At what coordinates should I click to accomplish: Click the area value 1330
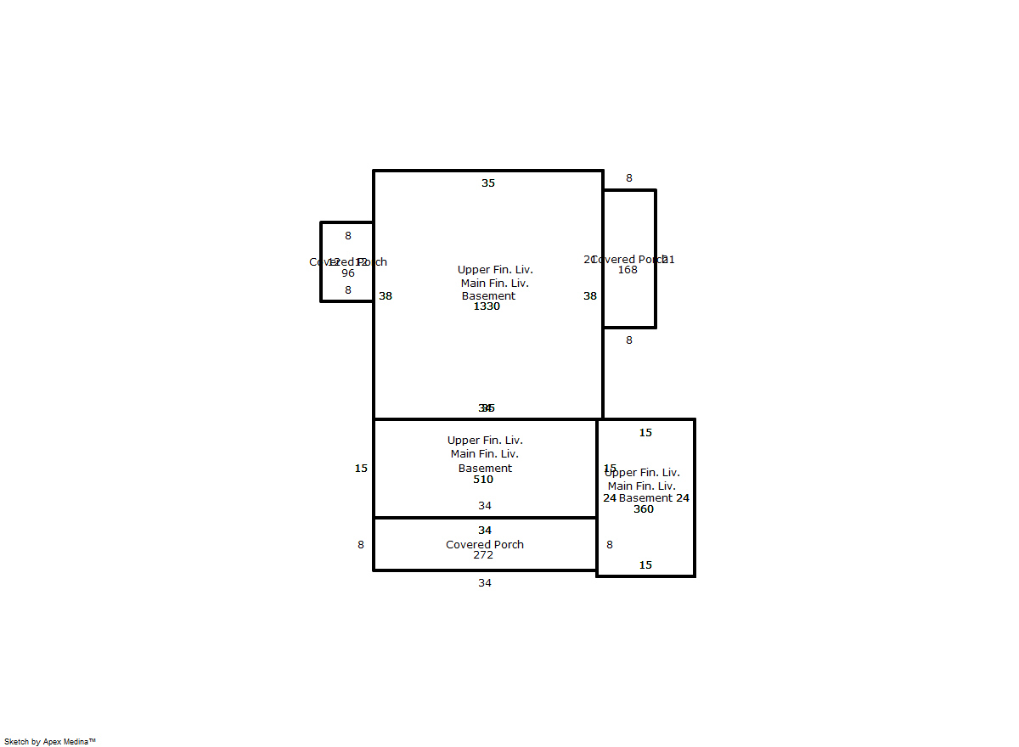[x=487, y=306]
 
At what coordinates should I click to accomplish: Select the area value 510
[x=483, y=480]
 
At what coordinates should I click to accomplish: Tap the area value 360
[x=644, y=509]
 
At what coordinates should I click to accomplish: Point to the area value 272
[x=483, y=555]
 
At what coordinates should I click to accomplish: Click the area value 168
[x=628, y=270]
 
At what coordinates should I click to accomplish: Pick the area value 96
[x=348, y=273]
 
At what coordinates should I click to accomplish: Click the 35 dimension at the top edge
[x=488, y=183]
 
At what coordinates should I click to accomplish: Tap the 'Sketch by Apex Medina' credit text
[x=50, y=742]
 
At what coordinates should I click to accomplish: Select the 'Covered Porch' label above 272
[x=485, y=545]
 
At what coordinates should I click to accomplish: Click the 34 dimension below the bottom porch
[x=484, y=583]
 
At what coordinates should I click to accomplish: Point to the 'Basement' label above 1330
[x=488, y=296]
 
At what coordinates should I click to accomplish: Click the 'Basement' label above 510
[x=485, y=469]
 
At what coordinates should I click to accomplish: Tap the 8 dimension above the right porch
[x=629, y=178]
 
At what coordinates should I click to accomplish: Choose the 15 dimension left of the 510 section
[x=361, y=469]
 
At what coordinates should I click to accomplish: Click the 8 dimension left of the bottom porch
[x=361, y=545]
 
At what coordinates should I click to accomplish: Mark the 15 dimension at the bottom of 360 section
[x=645, y=565]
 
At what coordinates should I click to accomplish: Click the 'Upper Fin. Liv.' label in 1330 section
[x=495, y=270]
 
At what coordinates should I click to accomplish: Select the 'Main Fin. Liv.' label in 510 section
[x=485, y=454]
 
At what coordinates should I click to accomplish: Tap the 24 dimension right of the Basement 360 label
[x=683, y=498]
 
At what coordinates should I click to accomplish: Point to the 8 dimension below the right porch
[x=629, y=340]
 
